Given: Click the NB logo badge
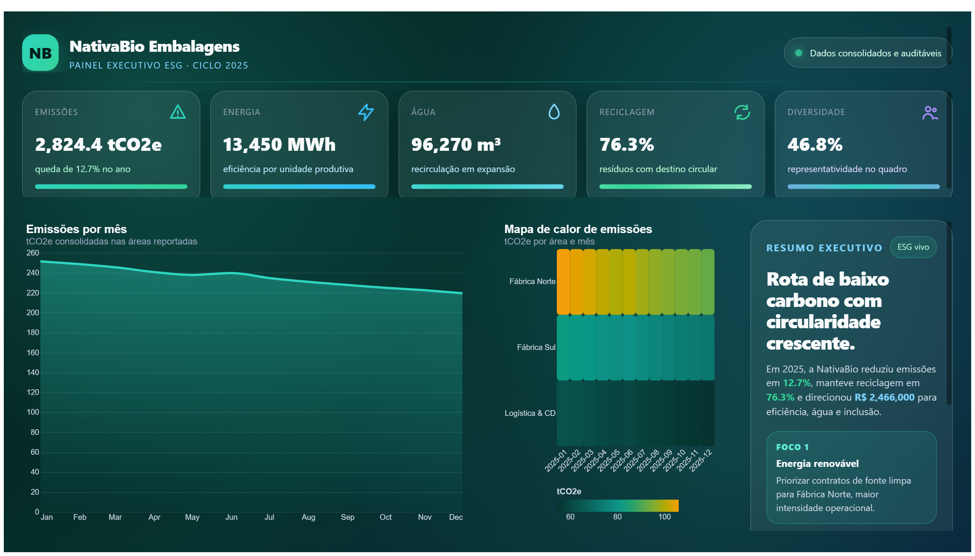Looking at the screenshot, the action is tap(40, 53).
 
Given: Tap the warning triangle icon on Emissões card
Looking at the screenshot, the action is tap(177, 112).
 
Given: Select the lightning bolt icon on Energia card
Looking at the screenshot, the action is tap(366, 112).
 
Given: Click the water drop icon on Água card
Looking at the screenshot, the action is tap(554, 112).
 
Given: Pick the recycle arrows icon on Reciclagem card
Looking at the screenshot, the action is tap(742, 112).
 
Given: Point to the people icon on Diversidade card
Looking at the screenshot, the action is tap(930, 113).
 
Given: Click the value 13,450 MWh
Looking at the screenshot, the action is tap(279, 144).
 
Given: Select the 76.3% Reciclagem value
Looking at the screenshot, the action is tap(626, 144).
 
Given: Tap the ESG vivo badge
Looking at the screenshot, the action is tap(913, 247).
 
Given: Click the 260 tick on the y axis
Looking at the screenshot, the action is tap(32, 253).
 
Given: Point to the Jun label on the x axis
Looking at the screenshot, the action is tap(232, 517).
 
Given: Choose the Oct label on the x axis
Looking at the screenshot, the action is tap(385, 517).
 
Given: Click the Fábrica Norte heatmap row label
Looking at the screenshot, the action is tap(532, 281).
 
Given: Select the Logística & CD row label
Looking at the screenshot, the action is tap(530, 413).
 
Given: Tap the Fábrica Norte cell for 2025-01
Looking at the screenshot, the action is tap(563, 282).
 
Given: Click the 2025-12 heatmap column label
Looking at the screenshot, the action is tap(701, 460).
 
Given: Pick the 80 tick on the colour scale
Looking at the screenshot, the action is tap(617, 517).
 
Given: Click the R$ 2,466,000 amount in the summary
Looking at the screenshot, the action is tap(884, 397).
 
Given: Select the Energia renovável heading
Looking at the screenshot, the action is tap(817, 463).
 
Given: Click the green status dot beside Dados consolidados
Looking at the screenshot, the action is tap(798, 53).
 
